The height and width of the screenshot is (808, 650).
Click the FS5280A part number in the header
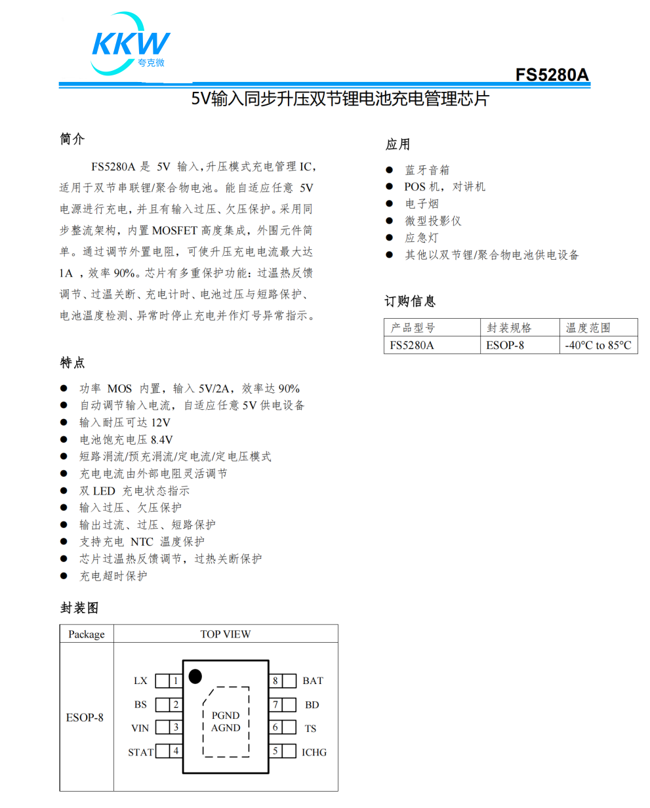click(552, 75)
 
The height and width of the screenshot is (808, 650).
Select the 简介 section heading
click(73, 139)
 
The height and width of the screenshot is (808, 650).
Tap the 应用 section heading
click(397, 144)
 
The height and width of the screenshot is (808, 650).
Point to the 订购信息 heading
click(410, 301)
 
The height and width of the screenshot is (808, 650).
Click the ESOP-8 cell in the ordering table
click(505, 345)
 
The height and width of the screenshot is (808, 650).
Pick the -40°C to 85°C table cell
click(599, 345)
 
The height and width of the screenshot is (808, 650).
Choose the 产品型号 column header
click(413, 328)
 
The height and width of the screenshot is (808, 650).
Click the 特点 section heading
click(73, 363)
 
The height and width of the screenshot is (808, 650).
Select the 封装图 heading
click(79, 608)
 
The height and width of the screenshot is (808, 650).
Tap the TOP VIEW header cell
click(225, 634)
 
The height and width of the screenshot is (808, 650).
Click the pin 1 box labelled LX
click(176, 681)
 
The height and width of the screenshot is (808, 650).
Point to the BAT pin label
click(313, 681)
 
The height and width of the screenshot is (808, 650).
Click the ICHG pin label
click(314, 752)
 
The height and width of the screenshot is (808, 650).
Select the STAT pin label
click(140, 752)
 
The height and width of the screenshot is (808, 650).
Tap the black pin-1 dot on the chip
click(195, 676)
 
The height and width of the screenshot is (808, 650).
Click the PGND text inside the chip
click(226, 716)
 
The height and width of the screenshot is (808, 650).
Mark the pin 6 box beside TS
click(275, 727)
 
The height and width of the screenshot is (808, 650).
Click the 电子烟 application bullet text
click(422, 204)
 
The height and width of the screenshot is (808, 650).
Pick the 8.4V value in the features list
click(162, 439)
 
